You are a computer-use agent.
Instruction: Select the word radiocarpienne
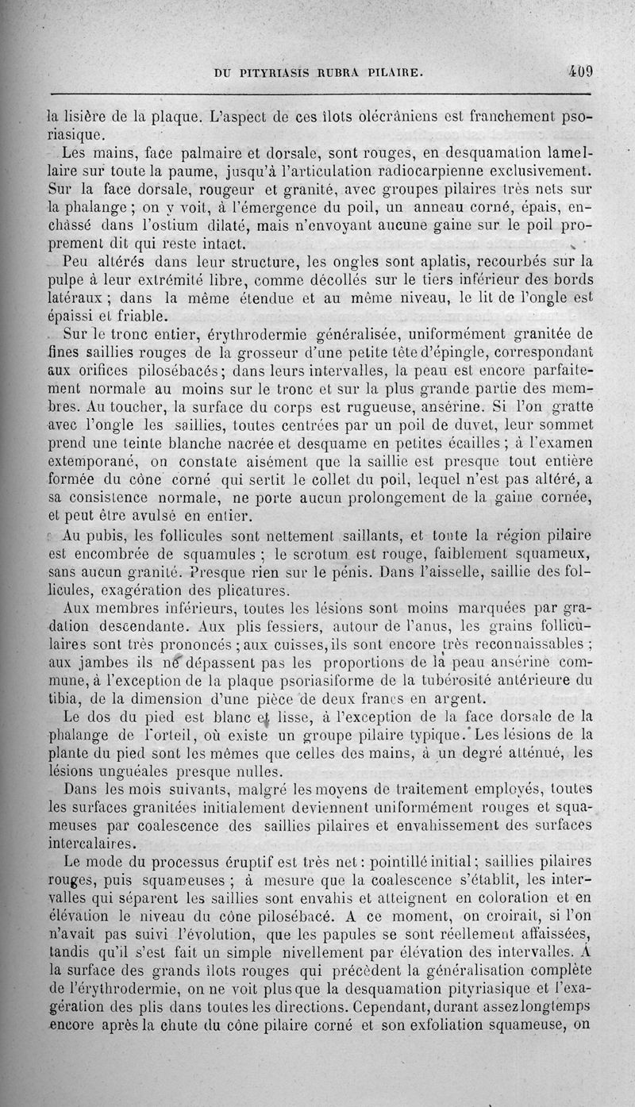[466, 169]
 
